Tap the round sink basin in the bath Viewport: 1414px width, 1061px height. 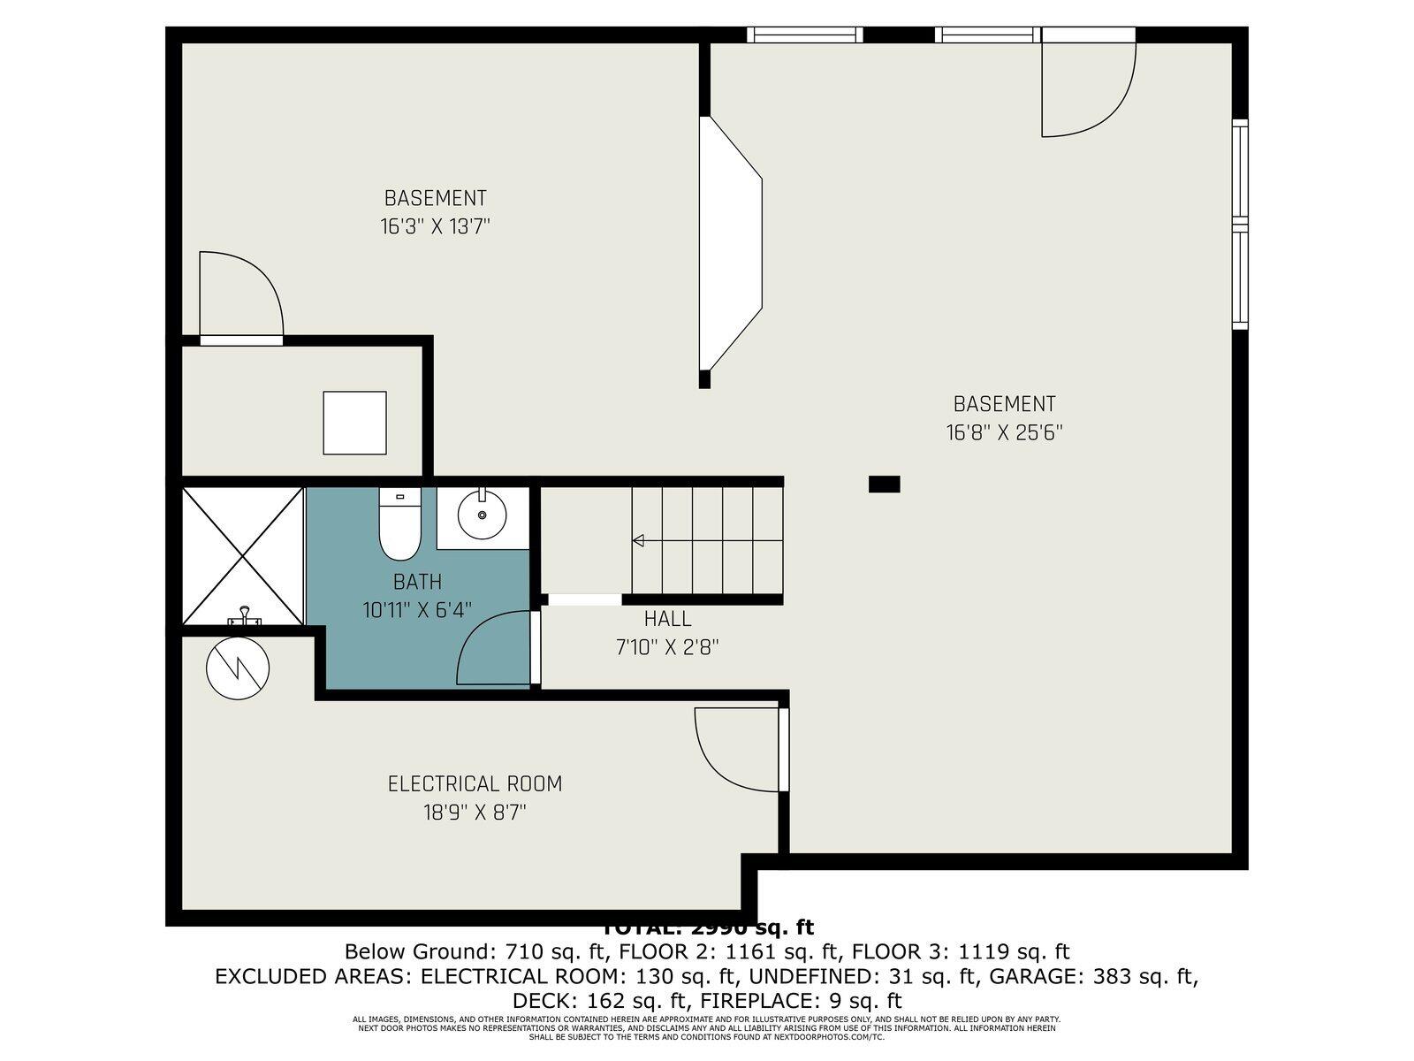click(482, 515)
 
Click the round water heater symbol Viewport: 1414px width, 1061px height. click(238, 669)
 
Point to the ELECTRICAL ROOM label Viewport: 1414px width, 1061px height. click(475, 784)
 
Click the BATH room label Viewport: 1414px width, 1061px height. click(417, 583)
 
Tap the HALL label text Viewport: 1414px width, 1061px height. click(667, 619)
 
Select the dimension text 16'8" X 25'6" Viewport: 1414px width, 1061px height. click(1004, 433)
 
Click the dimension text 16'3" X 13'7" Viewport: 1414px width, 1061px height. click(435, 227)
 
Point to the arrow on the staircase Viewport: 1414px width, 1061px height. click(638, 540)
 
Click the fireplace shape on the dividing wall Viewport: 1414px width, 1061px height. click(730, 243)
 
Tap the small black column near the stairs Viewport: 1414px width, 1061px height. click(884, 484)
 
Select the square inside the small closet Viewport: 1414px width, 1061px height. click(354, 423)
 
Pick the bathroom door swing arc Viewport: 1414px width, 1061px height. click(490, 650)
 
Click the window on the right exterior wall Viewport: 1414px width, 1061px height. click(1240, 225)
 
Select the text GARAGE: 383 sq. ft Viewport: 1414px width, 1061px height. click(1093, 977)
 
